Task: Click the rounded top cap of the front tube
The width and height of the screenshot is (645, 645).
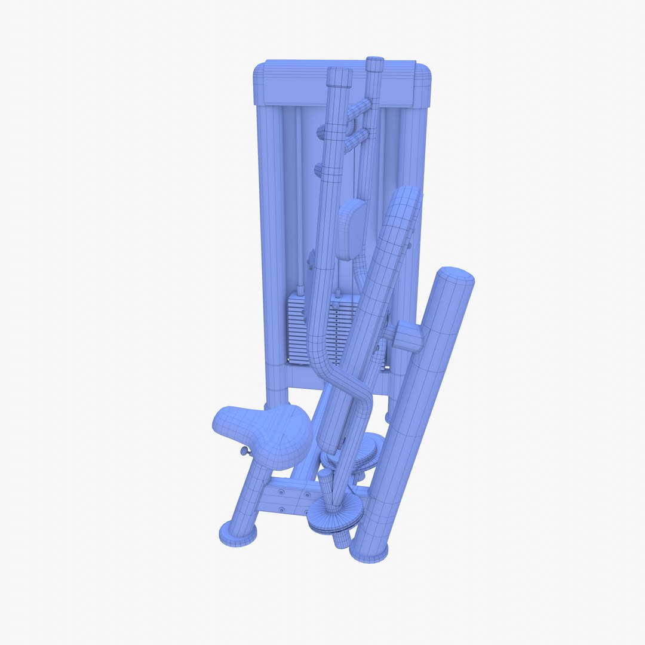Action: (455, 277)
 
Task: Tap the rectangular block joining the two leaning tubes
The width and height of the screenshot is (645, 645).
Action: (407, 337)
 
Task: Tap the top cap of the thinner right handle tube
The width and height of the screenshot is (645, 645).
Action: (374, 63)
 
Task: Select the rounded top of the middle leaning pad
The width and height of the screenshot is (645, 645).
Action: (407, 197)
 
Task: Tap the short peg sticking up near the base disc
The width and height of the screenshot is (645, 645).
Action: (324, 478)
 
